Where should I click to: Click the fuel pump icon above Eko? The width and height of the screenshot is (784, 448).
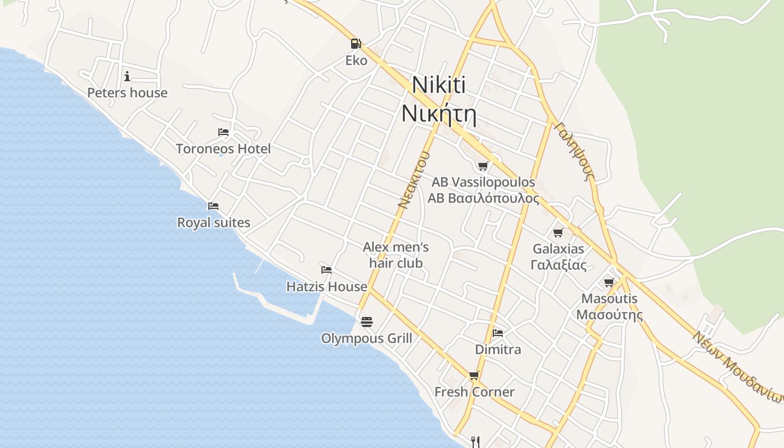pyautogui.click(x=356, y=43)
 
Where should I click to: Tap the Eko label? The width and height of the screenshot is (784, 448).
pyautogui.click(x=356, y=60)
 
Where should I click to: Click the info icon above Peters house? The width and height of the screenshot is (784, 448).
pyautogui.click(x=127, y=76)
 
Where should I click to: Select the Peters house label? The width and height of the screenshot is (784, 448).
pyautogui.click(x=127, y=93)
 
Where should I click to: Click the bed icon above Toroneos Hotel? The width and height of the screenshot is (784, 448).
pyautogui.click(x=223, y=132)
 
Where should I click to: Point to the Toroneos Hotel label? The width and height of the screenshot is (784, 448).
pyautogui.click(x=223, y=149)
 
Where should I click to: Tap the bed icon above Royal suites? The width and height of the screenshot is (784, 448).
pyautogui.click(x=213, y=206)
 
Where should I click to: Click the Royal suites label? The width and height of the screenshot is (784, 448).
pyautogui.click(x=213, y=223)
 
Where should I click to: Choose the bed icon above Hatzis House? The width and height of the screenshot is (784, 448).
pyautogui.click(x=326, y=270)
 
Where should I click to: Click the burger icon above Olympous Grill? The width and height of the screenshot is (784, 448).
pyautogui.click(x=367, y=322)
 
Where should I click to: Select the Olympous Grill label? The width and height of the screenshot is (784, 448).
pyautogui.click(x=366, y=339)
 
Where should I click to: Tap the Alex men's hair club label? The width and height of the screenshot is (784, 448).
pyautogui.click(x=396, y=255)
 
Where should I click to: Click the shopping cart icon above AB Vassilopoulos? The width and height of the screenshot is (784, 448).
pyautogui.click(x=483, y=166)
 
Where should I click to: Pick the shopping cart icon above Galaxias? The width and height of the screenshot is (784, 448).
pyautogui.click(x=558, y=232)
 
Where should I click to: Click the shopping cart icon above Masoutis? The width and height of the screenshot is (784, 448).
pyautogui.click(x=609, y=282)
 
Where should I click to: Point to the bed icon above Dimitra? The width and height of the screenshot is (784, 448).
pyautogui.click(x=497, y=333)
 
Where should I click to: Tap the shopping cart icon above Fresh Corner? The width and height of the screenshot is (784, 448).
pyautogui.click(x=474, y=375)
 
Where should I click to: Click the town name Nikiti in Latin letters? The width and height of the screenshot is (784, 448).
pyautogui.click(x=439, y=85)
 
